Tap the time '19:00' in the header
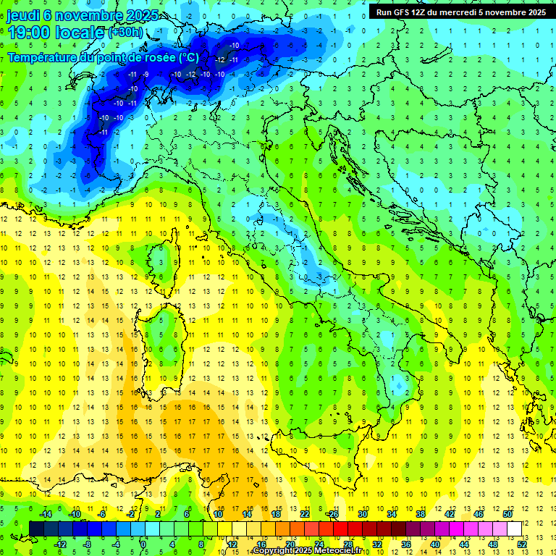[29, 33]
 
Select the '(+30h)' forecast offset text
[126, 33]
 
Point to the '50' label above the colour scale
[507, 514]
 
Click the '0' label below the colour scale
[143, 544]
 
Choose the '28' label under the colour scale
[347, 544]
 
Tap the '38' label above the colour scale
[420, 514]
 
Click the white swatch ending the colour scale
[514, 529]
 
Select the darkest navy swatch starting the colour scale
[36, 529]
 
